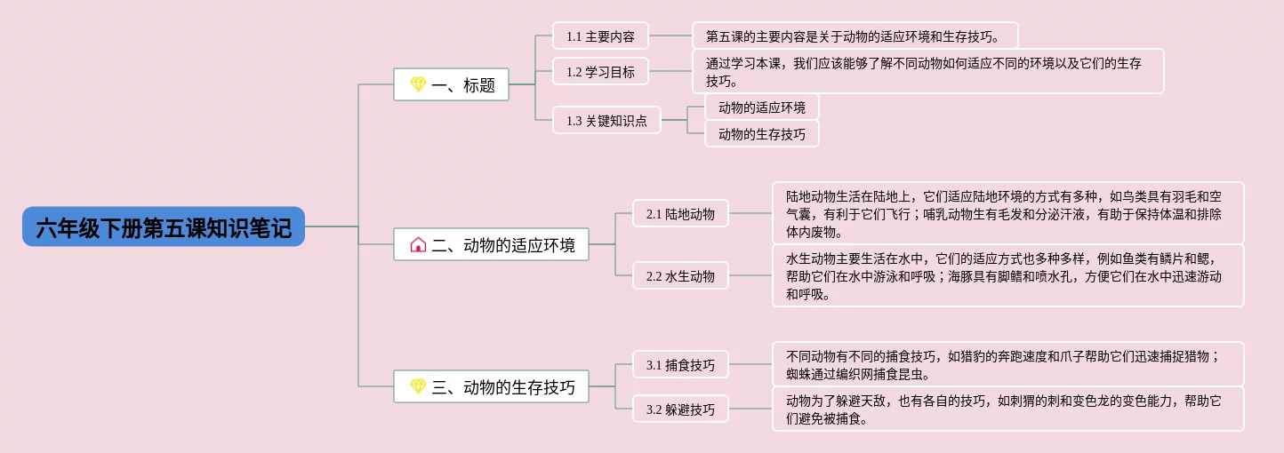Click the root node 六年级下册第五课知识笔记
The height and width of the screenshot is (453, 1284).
[164, 227]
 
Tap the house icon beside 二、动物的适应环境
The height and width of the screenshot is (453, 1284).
[418, 245]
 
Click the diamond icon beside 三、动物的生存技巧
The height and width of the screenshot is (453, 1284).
[418, 387]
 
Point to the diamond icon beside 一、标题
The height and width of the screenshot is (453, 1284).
[418, 85]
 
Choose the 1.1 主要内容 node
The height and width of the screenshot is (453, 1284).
[600, 36]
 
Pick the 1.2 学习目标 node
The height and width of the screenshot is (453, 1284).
[600, 72]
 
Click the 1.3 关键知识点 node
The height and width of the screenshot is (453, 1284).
[606, 121]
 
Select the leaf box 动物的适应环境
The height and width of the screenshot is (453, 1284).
[762, 107]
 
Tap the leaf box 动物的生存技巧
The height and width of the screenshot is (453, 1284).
[762, 134]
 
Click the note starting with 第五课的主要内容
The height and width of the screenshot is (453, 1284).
[855, 36]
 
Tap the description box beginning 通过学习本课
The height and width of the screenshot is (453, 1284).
[927, 72]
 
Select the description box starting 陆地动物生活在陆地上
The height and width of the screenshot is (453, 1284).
[1007, 214]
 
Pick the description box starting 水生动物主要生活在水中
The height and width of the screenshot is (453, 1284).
[1007, 276]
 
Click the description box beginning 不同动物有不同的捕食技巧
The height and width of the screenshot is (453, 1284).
[1007, 365]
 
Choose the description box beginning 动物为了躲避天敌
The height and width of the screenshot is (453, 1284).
[1007, 409]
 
